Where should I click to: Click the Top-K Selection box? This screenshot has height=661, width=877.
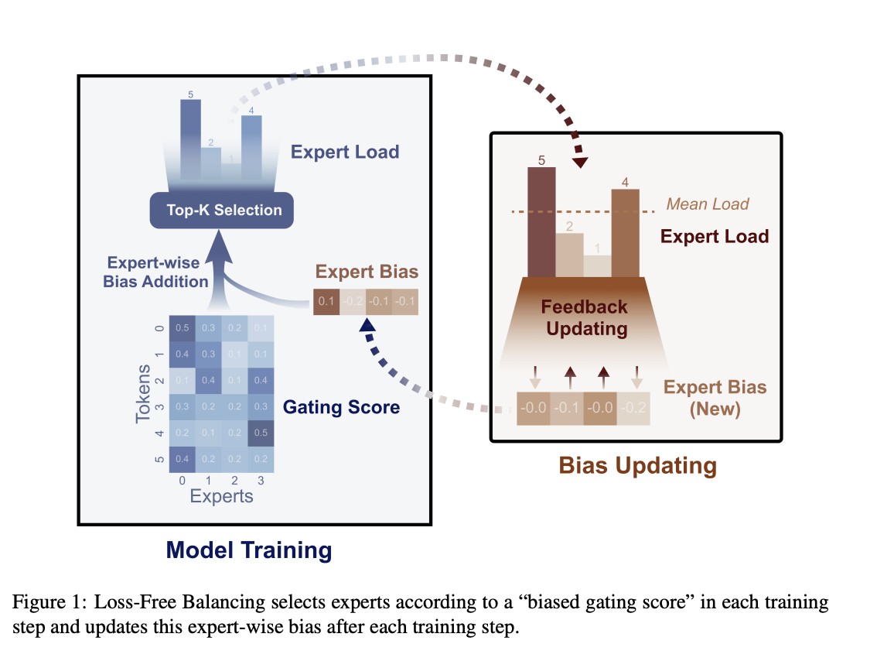coord(224,210)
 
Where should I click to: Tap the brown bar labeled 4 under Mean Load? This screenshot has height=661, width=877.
coord(625,232)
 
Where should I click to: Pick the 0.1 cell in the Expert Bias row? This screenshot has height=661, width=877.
coord(326,301)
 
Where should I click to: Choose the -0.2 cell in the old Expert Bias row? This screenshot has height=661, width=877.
coord(353,301)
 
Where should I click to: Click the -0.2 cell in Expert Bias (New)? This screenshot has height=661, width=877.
coord(633,408)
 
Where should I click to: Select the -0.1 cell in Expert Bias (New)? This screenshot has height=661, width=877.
coord(567,408)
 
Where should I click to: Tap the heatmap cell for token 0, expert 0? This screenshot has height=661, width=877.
coord(183,327)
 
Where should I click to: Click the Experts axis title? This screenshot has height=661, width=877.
coord(222,496)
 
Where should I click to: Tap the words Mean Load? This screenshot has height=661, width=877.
coord(708,204)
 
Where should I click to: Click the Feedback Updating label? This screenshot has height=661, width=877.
coord(584,317)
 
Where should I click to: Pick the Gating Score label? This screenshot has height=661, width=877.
coord(341,406)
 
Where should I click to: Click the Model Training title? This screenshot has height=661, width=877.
coord(249,550)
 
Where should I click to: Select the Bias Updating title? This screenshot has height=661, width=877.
coord(638,466)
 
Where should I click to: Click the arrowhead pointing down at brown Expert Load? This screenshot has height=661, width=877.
coord(581,163)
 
